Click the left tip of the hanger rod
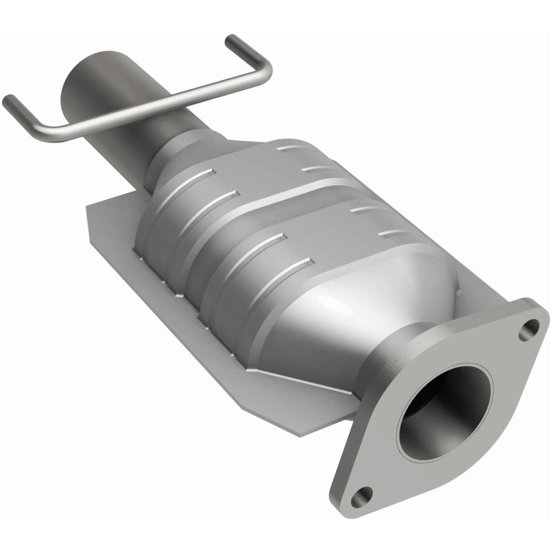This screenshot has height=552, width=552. (8, 101)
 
